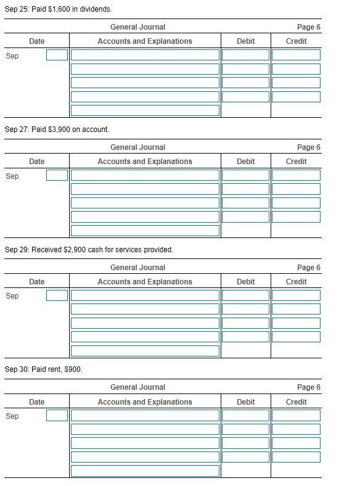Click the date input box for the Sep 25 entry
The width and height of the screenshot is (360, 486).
(57, 55)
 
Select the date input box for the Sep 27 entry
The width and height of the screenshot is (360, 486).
(57, 175)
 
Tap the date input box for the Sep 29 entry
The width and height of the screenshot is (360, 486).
(57, 295)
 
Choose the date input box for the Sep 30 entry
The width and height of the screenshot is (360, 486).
(57, 415)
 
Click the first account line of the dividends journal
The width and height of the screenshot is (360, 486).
(145, 55)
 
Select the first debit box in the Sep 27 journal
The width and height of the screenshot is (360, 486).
(245, 175)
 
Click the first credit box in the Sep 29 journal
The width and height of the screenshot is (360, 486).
(296, 295)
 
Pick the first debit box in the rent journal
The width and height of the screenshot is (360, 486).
(245, 415)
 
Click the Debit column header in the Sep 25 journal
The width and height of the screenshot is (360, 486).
(245, 41)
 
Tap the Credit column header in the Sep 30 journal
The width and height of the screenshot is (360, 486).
(296, 402)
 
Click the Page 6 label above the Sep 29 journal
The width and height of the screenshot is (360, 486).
(308, 268)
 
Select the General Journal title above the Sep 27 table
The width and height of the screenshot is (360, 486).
(137, 147)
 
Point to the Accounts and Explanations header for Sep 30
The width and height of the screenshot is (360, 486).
(145, 402)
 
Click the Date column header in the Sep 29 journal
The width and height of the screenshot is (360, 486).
(36, 282)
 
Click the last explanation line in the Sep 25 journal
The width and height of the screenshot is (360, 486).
(145, 110)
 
